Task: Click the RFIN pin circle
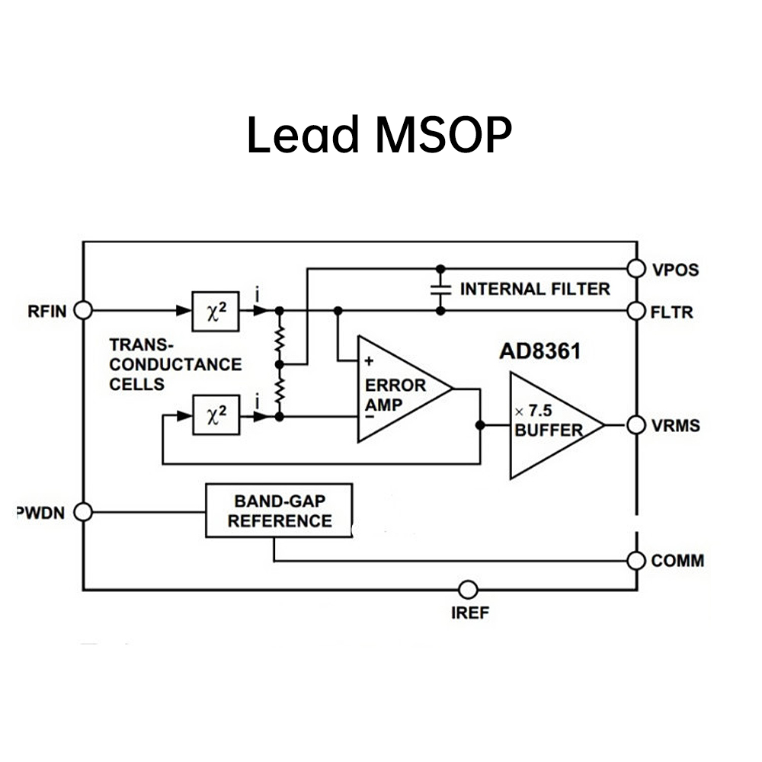(x=82, y=310)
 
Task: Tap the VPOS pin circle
(x=636, y=268)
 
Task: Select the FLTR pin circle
(x=636, y=311)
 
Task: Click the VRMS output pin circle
(x=636, y=425)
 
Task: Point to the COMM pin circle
(x=636, y=561)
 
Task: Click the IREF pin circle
(x=469, y=590)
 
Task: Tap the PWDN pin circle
(x=82, y=512)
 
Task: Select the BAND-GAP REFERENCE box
(x=279, y=511)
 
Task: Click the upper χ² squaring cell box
(x=215, y=310)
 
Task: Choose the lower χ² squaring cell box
(x=215, y=416)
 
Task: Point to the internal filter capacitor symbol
(x=440, y=290)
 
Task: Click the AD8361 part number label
(x=539, y=352)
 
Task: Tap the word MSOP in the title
(x=443, y=136)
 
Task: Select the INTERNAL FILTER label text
(x=535, y=290)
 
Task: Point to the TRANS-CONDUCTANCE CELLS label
(x=174, y=364)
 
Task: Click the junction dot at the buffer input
(x=480, y=425)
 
